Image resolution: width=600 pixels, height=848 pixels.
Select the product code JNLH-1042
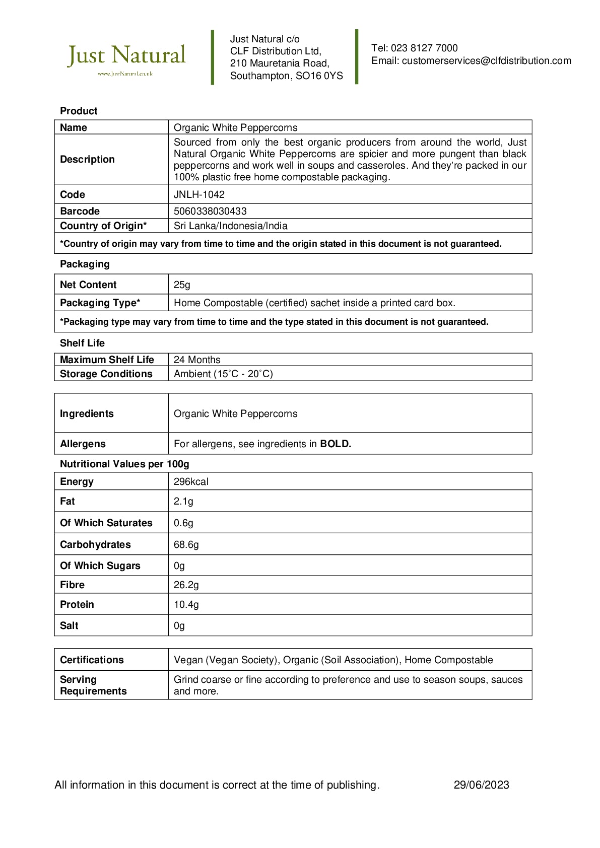(199, 194)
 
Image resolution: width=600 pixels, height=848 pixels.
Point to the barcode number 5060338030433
(210, 211)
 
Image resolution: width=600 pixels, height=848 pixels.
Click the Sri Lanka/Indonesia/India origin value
(231, 226)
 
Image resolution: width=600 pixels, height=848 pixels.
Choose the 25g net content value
(182, 285)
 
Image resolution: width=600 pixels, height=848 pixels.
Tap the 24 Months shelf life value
(197, 360)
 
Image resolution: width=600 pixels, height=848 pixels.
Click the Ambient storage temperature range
(223, 374)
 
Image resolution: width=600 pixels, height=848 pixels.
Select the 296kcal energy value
(191, 481)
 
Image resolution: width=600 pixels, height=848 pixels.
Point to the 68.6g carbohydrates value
(186, 544)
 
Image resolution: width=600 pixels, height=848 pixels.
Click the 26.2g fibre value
(186, 585)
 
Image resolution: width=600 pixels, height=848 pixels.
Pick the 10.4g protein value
(186, 604)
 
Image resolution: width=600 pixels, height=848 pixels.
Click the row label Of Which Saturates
(106, 523)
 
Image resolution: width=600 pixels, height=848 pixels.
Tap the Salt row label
(69, 625)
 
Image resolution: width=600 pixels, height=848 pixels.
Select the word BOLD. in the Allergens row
(336, 444)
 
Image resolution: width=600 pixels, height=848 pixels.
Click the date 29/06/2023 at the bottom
(481, 785)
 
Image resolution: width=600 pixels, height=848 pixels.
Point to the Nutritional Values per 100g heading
(124, 464)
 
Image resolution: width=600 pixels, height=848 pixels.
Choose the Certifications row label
(92, 660)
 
